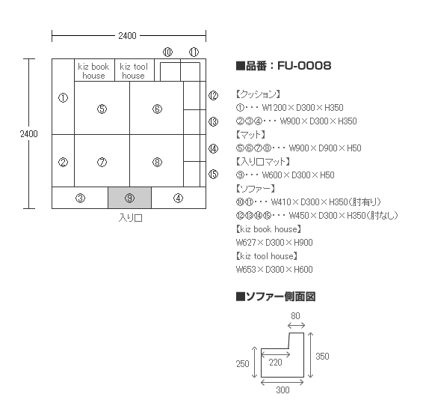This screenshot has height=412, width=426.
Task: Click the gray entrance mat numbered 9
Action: tap(129, 198)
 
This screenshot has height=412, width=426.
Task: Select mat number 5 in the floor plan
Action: tap(102, 108)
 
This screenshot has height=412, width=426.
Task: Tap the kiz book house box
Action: tap(94, 70)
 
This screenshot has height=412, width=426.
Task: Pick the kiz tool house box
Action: tap(135, 70)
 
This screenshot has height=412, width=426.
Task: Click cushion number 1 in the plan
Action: tap(63, 97)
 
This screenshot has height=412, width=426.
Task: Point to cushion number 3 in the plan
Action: tap(80, 198)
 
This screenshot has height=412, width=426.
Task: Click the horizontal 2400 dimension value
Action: tap(127, 36)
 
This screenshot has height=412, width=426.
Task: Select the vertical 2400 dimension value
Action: tap(29, 133)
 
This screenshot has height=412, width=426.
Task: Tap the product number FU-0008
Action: tap(304, 66)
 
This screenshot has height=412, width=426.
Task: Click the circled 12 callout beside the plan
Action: tap(213, 95)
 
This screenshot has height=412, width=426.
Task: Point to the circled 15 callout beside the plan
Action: tap(213, 174)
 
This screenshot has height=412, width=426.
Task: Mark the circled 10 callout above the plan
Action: tap(167, 52)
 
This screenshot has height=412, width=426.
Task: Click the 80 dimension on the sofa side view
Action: tap(296, 316)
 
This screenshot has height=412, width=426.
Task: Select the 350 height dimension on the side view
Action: tap(322, 356)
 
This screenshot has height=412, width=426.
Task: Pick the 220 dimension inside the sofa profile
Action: tap(276, 363)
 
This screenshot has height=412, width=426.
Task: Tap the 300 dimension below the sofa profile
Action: tap(283, 390)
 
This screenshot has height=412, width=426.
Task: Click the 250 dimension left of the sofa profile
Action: tap(243, 364)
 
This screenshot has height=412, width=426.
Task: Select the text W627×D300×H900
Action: tap(274, 243)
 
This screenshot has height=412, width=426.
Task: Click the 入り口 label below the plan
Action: tap(130, 218)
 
